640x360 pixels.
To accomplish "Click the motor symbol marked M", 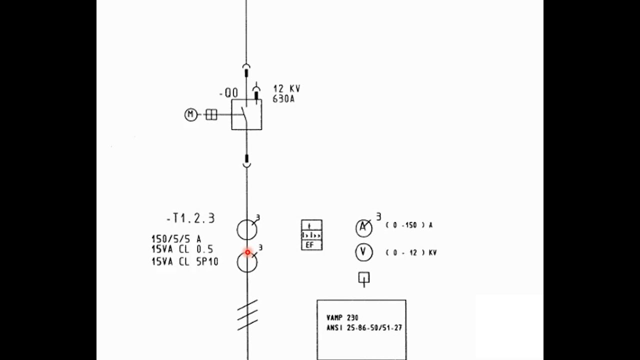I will (190, 115).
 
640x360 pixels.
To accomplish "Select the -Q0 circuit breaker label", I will (228, 93).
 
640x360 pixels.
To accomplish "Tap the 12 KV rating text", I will (286, 88).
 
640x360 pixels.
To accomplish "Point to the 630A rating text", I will (283, 99).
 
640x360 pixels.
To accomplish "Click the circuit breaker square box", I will (246, 115).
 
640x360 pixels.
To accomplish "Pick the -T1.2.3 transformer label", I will (190, 218).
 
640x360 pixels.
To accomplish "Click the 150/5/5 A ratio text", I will (176, 239).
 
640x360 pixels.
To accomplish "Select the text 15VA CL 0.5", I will (182, 249).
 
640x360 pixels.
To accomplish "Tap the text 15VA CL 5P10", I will (185, 261).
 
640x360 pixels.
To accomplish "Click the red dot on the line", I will (247, 252).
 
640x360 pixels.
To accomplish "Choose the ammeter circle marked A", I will (363, 228).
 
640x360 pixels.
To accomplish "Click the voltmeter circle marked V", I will (363, 252).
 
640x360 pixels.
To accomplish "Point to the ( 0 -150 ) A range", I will (409, 225).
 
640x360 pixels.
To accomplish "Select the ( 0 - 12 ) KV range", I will (411, 253).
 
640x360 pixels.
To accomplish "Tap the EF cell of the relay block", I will (311, 245).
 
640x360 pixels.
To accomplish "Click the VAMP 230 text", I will (342, 317).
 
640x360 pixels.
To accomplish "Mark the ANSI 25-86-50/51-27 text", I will (364, 328).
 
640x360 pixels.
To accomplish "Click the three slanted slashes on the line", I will (247, 315).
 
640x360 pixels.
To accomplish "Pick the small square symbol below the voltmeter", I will (364, 278).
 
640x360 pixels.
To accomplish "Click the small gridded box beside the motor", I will (211, 115).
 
